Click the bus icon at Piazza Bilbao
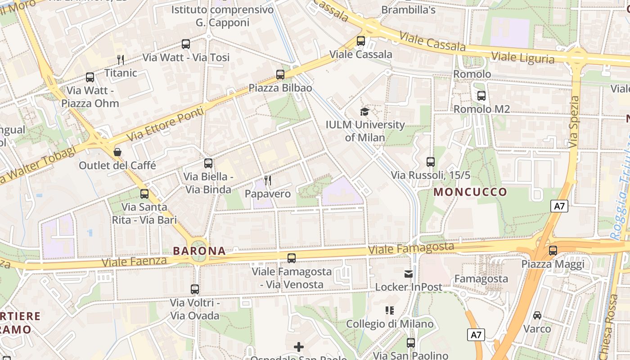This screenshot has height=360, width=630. click(280, 74)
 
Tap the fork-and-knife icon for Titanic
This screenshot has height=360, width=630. click(120, 59)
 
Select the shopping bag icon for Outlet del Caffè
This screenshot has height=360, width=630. click(117, 152)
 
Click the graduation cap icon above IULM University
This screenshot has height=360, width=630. click(364, 112)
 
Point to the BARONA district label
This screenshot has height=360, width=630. click(199, 251)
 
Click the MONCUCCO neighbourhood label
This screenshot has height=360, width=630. click(470, 192)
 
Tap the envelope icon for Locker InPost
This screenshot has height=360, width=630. click(409, 274)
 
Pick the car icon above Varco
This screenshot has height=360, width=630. click(537, 315)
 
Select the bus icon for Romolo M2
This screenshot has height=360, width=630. click(481, 95)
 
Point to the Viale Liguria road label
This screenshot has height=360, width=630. click(522, 58)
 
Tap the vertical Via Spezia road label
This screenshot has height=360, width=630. click(573, 122)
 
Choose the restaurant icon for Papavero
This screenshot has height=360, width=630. click(268, 180)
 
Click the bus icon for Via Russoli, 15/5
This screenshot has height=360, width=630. click(431, 162)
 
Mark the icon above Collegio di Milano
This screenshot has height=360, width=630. click(390, 310)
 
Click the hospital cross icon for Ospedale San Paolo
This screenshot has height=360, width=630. click(299, 346)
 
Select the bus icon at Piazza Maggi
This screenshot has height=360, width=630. click(553, 251)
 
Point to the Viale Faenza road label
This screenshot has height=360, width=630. click(135, 261)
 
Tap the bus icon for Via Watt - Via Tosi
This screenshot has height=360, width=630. click(186, 44)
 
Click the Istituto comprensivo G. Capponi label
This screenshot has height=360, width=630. click(222, 16)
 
